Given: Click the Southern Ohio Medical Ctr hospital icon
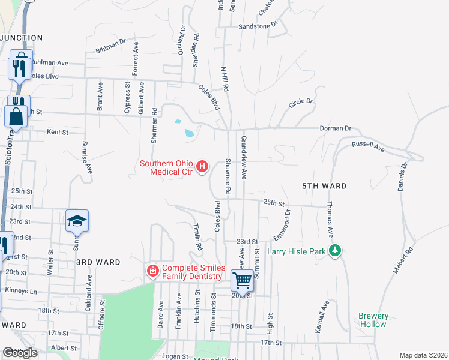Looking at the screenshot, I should pyautogui.click(x=202, y=166).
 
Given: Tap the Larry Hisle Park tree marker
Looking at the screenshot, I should pyautogui.click(x=337, y=251).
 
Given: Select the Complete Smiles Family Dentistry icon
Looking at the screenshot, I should pyautogui.click(x=153, y=272).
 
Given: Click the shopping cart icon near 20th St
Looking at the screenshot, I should pyautogui.click(x=242, y=280).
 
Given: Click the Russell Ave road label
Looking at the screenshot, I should pyautogui.click(x=367, y=145).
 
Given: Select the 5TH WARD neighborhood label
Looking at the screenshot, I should pyautogui.click(x=324, y=186).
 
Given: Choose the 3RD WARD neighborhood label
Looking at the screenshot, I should pyautogui.click(x=98, y=262).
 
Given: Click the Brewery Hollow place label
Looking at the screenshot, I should pyautogui.click(x=373, y=320).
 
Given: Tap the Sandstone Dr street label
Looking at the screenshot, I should pyautogui.click(x=258, y=26).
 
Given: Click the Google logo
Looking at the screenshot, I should pyautogui.click(x=20, y=353).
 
